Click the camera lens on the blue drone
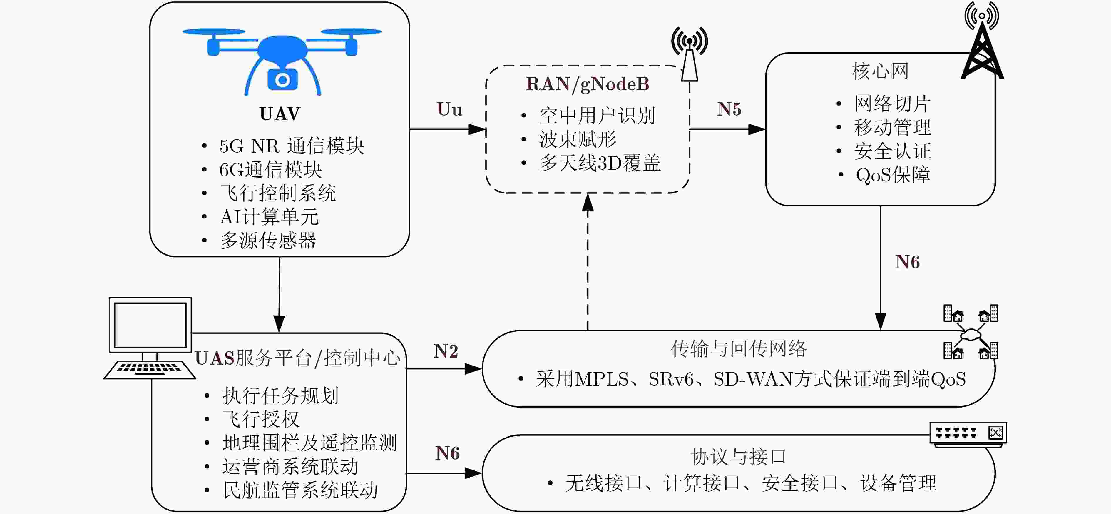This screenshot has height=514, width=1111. (x=282, y=80)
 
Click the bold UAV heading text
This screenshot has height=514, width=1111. (x=280, y=114)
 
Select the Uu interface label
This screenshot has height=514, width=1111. (x=449, y=109)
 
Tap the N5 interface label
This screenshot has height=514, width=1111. (x=729, y=109)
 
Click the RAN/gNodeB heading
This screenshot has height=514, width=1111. (x=588, y=84)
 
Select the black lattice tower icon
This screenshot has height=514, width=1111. (x=982, y=47)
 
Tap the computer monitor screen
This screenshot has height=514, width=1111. (x=150, y=325)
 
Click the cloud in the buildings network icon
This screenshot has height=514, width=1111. (x=971, y=334)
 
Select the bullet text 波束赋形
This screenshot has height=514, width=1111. (x=578, y=139)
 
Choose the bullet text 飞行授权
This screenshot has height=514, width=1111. (x=261, y=419)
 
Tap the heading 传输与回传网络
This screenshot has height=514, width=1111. (x=738, y=348)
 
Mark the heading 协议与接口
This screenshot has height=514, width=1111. (x=738, y=456)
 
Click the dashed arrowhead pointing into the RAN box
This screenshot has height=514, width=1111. (x=588, y=202)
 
